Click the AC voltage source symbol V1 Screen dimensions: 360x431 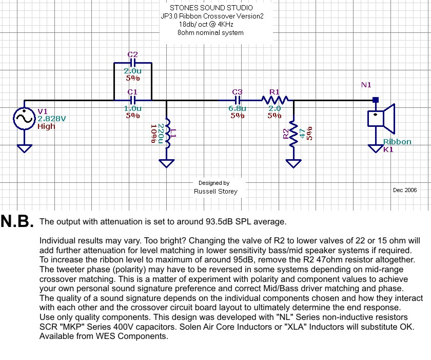coord(24,119)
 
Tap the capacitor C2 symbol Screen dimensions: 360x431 coord(133,64)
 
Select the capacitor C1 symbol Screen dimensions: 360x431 coord(133,100)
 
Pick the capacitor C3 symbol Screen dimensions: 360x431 coord(238,100)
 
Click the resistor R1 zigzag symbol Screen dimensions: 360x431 coord(275,100)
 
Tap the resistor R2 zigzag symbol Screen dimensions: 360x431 coord(293,134)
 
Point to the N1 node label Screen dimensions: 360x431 coord(366,85)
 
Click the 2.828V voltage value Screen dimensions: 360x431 coord(52,119)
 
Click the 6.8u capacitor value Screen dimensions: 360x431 coord(238,108)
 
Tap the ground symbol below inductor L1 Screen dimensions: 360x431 coord(166,163)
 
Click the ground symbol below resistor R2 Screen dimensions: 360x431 coord(293,163)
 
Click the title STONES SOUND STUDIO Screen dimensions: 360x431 coord(211,8)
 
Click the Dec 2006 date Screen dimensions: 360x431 coord(405,190)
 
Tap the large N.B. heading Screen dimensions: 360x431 coord(17,221)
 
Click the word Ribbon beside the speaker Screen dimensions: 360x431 coord(397,142)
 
